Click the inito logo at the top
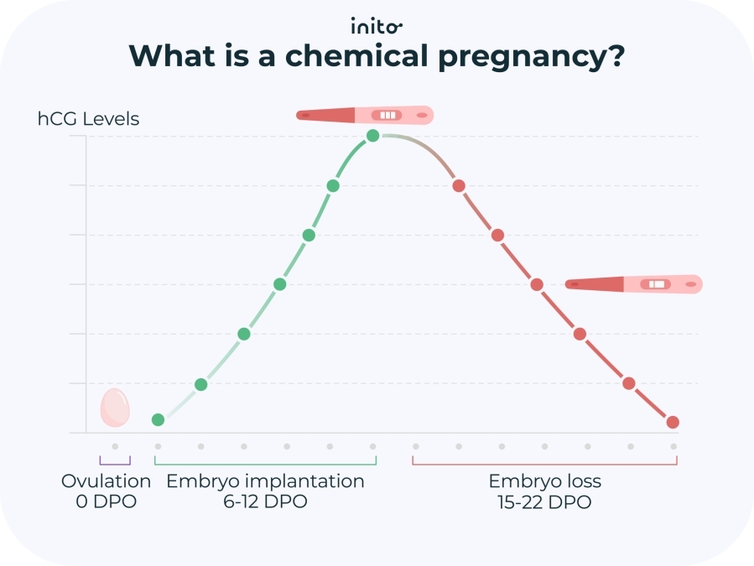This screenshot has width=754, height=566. [377, 24]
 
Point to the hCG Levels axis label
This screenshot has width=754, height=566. [88, 119]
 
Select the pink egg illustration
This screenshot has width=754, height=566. [115, 408]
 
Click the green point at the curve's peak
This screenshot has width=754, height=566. [373, 136]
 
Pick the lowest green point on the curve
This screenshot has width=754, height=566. [158, 419]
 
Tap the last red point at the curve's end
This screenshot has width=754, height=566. [673, 422]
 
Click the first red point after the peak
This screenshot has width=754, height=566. [459, 185]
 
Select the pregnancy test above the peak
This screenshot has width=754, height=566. [365, 115]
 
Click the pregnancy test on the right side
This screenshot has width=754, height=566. [633, 285]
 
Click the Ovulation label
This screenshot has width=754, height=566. [107, 481]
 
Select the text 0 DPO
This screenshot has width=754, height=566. [107, 502]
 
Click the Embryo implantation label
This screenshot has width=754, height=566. [265, 481]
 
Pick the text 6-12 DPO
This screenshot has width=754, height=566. [265, 502]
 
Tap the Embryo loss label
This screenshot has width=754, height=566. [544, 481]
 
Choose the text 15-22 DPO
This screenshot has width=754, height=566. [544, 502]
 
